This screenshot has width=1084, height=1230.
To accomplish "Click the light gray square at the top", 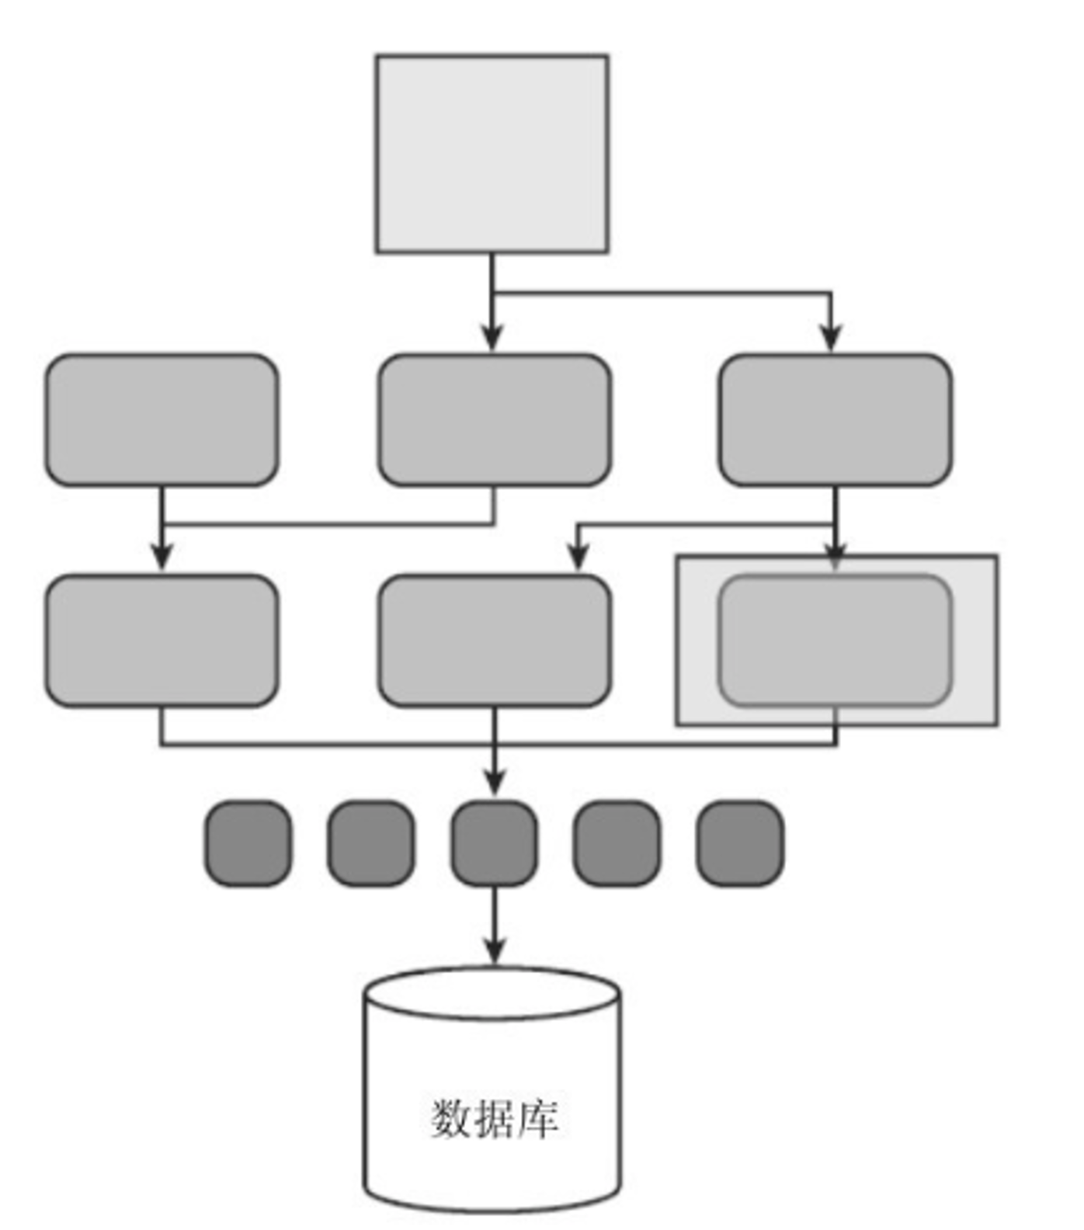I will (492, 154).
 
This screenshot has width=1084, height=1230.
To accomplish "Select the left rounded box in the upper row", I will (162, 420).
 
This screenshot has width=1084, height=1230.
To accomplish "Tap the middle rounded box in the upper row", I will (495, 420).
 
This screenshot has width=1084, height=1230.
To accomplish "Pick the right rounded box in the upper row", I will (835, 420).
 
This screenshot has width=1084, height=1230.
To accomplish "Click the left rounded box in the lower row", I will (162, 641).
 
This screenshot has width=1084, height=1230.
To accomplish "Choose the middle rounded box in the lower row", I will (495, 641).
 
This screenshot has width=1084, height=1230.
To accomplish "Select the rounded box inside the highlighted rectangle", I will (835, 641).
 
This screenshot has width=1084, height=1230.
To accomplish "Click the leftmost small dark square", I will (248, 843).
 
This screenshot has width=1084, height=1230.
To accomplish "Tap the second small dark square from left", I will (370, 843).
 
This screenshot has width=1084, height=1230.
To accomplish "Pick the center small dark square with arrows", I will (495, 843).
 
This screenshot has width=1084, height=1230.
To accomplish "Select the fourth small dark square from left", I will (617, 843).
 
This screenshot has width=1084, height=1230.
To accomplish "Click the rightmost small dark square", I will (739, 843).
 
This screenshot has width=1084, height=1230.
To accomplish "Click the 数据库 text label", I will (495, 1119).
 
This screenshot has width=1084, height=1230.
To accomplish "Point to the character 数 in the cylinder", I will (451, 1119).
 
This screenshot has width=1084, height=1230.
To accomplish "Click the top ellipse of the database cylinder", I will (492, 993).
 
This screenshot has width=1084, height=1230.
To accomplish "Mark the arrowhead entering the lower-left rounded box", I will (162, 558).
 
